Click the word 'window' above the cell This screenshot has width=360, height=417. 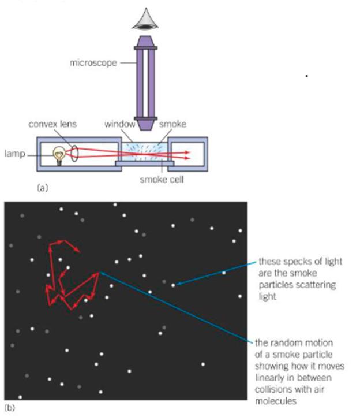click(119, 124)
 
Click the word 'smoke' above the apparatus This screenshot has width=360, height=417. click(157, 124)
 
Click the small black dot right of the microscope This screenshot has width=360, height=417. click(306, 76)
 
